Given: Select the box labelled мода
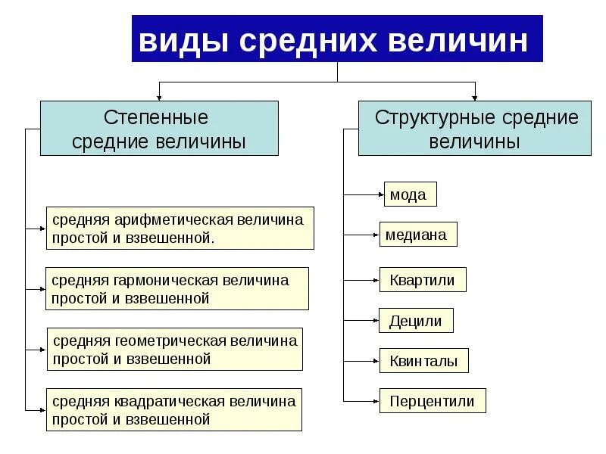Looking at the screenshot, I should pyautogui.click(x=410, y=194).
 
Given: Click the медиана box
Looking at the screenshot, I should pyautogui.click(x=418, y=235).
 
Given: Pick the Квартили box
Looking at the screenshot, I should pyautogui.click(x=423, y=280).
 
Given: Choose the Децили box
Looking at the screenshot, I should pyautogui.click(x=416, y=321).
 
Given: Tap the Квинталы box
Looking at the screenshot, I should pyautogui.click(x=424, y=361).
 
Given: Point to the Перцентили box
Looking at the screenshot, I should pyautogui.click(x=433, y=401).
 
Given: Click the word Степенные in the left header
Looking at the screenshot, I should pyautogui.click(x=155, y=118).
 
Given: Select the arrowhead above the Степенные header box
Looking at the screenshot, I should pyautogui.click(x=159, y=96).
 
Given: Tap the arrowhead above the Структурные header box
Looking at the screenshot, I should pyautogui.click(x=475, y=96).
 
